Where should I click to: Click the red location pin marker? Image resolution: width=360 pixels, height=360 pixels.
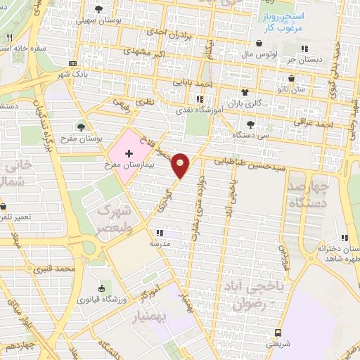[x=181, y=165]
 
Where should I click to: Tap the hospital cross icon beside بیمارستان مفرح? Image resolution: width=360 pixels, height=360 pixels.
[x=129, y=153]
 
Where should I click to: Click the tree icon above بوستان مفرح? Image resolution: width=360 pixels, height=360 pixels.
[x=82, y=127]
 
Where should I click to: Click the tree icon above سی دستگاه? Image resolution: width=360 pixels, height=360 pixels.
[x=250, y=124]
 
